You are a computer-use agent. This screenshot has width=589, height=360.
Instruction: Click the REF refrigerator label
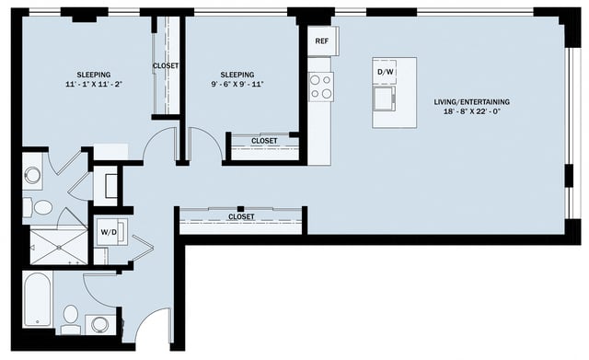322,41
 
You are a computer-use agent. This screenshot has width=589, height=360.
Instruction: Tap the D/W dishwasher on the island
386,72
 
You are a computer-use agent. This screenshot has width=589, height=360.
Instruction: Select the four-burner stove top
320,87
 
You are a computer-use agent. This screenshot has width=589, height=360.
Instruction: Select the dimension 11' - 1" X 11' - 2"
94,84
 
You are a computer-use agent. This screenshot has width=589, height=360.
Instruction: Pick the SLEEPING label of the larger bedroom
94,74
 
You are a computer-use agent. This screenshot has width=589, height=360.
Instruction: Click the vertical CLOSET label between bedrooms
166,66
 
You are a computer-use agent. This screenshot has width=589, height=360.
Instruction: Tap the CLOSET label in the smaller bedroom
264,141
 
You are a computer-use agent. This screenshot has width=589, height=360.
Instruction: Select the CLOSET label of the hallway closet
241,217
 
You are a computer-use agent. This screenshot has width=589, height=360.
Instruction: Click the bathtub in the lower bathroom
38,299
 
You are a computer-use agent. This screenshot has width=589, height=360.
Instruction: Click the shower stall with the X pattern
57,246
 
